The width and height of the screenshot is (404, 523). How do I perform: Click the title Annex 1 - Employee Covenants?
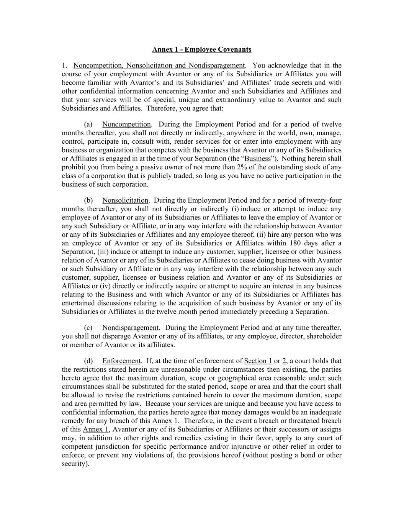pyautogui.click(x=202, y=49)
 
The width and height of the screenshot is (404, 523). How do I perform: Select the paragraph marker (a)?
pyautogui.click(x=88, y=125)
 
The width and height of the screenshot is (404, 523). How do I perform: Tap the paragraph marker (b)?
pyautogui.click(x=88, y=200)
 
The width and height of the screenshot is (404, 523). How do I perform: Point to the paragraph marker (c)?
pyautogui.click(x=88, y=328)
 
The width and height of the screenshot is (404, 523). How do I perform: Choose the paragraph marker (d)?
pyautogui.click(x=88, y=361)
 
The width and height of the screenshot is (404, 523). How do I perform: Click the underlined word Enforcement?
pyautogui.click(x=121, y=361)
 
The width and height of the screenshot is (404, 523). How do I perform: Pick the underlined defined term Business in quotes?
pyautogui.click(x=257, y=159)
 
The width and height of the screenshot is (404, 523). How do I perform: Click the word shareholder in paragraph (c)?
pyautogui.click(x=325, y=336)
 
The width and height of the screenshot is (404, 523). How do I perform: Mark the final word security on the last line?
pyautogui.click(x=74, y=464)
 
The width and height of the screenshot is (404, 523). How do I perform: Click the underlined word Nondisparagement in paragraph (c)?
pyautogui.click(x=130, y=328)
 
